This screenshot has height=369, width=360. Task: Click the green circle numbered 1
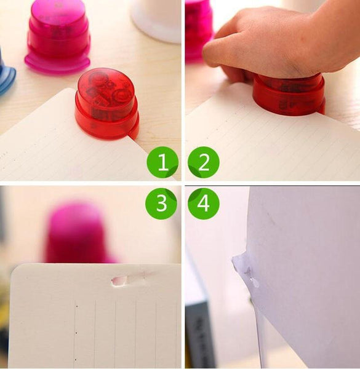(162, 162)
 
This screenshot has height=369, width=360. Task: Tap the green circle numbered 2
(204, 162)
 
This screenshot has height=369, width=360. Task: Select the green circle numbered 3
(161, 204)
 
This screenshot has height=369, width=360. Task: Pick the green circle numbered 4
(204, 204)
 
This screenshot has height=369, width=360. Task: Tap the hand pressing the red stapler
(280, 42)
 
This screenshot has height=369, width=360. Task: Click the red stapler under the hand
(289, 95)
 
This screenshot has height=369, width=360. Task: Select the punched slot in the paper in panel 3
(119, 281)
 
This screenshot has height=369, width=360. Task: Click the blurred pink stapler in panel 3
(78, 233)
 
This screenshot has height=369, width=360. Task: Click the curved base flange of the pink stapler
(57, 63)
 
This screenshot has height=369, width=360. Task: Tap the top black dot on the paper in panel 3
(77, 306)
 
